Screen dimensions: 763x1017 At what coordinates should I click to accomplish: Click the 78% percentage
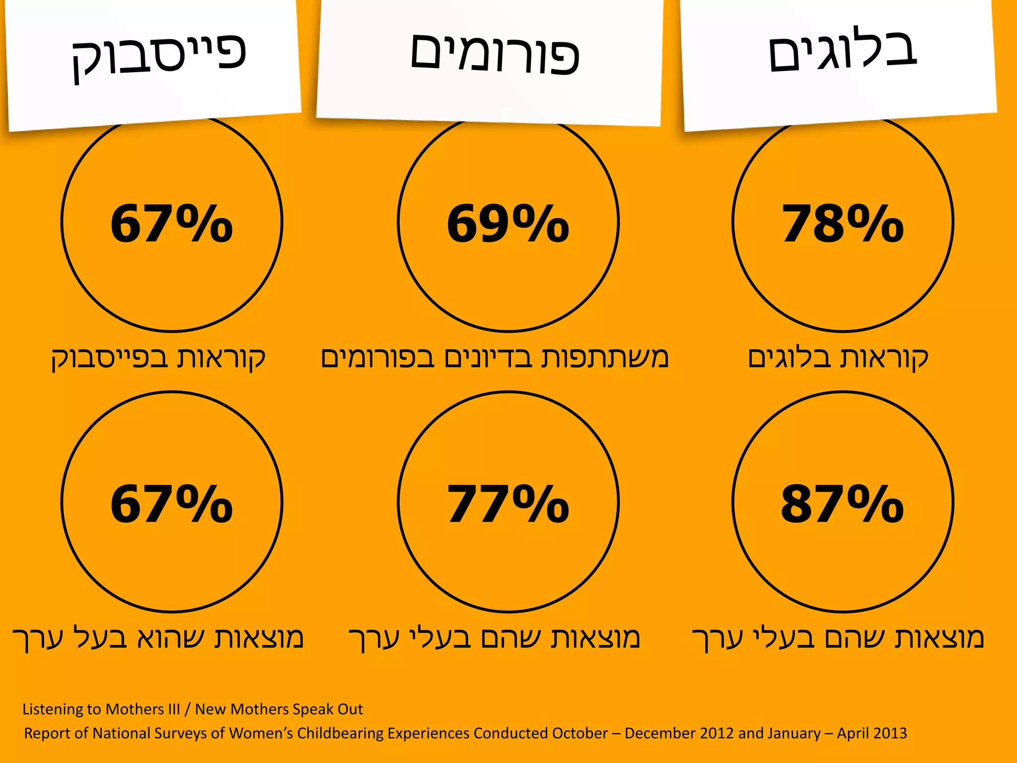tap(843, 225)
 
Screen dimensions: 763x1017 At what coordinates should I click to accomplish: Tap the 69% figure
tap(508, 225)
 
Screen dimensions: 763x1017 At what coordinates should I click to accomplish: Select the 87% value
tap(842, 505)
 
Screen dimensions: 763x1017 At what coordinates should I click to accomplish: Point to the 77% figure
tap(508, 505)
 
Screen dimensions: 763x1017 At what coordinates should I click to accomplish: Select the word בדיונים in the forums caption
tap(489, 358)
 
